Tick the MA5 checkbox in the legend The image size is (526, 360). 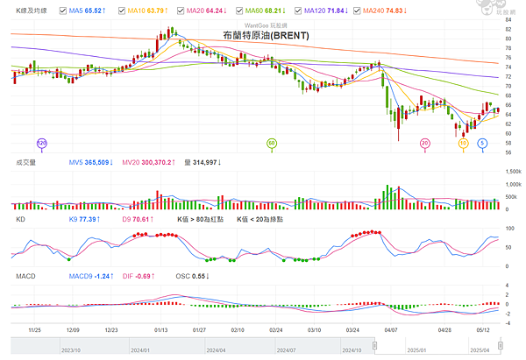click(62, 10)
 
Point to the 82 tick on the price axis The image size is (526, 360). click(508, 27)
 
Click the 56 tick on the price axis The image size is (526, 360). click(508, 152)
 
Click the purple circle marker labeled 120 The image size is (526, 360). click(41, 142)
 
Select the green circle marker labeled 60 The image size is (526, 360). click(272, 142)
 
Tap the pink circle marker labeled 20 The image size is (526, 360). click(425, 142)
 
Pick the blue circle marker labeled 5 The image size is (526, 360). click(482, 142)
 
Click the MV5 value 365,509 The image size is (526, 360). click(95, 162)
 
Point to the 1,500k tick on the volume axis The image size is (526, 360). click(510, 171)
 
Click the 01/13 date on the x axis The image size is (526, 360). click(161, 331)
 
